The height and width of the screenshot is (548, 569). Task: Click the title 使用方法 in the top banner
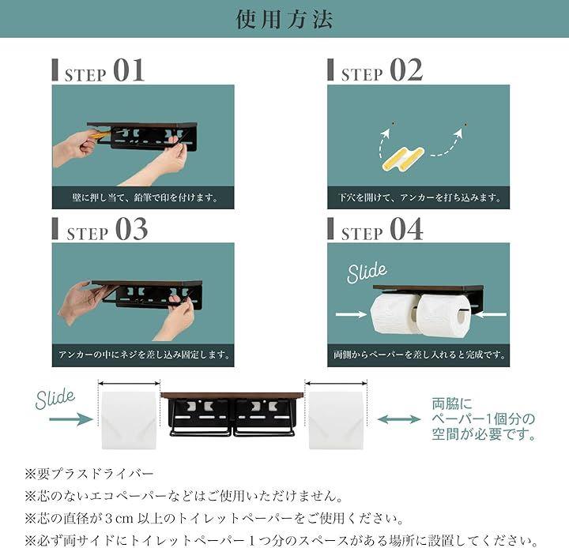pos(284,19)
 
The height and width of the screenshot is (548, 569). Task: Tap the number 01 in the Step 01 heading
pos(129,70)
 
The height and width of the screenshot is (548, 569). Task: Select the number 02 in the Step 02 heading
pos(406,70)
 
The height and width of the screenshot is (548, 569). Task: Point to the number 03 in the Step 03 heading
pos(131,229)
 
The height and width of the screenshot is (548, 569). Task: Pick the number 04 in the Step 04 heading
pos(406,229)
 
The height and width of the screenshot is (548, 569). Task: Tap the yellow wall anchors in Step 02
pos(402,159)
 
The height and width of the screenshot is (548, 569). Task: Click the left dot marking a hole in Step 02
pos(393,124)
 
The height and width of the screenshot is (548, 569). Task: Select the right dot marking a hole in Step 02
pos(465,124)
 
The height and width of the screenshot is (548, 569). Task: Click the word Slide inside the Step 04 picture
pos(367,272)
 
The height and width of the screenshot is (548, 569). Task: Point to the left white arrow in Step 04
pos(351,314)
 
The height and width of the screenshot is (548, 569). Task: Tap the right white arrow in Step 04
pos(491,314)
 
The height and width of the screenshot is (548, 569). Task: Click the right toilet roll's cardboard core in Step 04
pos(462,317)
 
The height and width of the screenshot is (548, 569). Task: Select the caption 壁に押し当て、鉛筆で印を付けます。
pos(145,197)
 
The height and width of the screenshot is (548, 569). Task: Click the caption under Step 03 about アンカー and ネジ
pos(144,355)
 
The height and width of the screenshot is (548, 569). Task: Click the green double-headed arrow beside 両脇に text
pos(399,419)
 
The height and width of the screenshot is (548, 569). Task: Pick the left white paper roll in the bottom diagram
pos(129,420)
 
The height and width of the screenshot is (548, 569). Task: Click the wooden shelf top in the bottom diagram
pos(232,396)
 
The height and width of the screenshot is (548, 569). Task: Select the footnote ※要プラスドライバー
pos(89,474)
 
